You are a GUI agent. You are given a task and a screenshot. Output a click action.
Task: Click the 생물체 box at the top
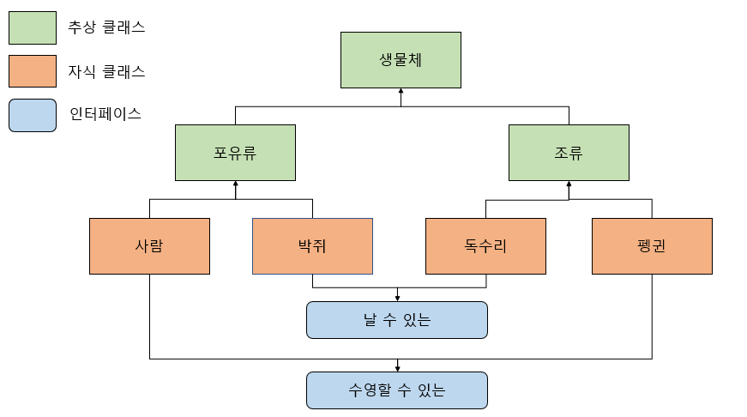(401, 60)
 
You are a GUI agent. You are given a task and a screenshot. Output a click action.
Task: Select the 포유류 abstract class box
(235, 153)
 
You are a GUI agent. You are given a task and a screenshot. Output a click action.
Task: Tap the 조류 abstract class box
(569, 153)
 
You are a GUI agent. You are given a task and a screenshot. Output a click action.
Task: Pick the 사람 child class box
(149, 246)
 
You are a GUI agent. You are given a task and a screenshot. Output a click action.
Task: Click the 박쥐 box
(312, 246)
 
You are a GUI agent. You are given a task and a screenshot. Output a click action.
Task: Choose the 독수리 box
(486, 246)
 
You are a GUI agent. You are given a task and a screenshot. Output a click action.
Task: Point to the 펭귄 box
(652, 246)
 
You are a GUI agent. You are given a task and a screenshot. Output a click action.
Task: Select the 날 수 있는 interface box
(397, 320)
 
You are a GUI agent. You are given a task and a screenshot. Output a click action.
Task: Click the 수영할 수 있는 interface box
(397, 390)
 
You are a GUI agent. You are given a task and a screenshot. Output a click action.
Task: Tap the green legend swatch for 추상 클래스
(33, 27)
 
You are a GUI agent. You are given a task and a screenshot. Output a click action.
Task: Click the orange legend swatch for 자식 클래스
(33, 71)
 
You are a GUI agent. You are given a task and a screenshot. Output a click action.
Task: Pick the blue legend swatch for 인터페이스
(33, 115)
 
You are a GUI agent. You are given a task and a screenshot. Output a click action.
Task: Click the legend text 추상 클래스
(106, 27)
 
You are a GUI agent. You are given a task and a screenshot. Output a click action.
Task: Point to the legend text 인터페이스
(105, 114)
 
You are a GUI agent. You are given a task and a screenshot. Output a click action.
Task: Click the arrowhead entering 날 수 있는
(397, 298)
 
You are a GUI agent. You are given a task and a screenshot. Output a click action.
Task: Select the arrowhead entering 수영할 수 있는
(397, 368)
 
